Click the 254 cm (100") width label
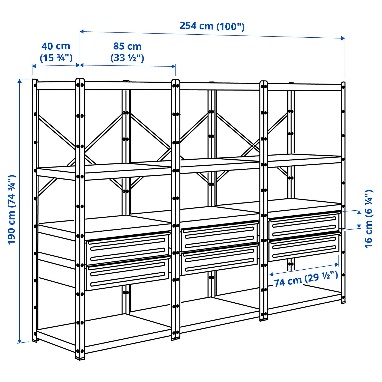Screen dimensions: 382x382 click(x=212, y=26)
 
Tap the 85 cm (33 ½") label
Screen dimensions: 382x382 click(x=127, y=52)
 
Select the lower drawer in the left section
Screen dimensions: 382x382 click(x=128, y=273)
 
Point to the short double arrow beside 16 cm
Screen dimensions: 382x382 click(x=359, y=219)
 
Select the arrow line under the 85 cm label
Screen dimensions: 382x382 click(x=127, y=66)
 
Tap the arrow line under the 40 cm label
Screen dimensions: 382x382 click(x=56, y=65)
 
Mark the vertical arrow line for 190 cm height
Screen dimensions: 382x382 click(x=19, y=210)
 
